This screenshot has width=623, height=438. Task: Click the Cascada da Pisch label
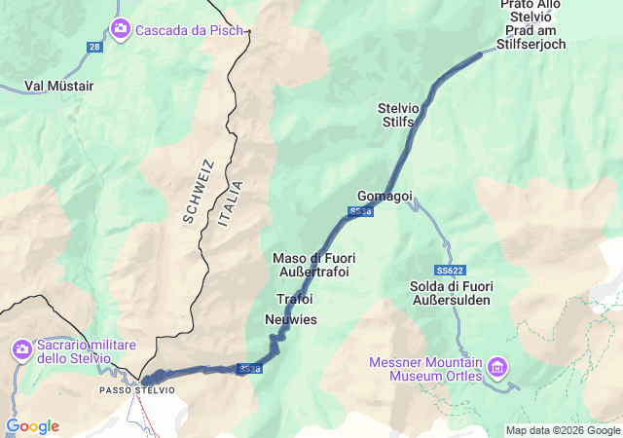(175, 30)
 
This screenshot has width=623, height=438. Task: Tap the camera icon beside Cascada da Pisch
(120, 29)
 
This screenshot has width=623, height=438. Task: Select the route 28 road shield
(93, 47)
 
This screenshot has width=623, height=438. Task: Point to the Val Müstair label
(58, 86)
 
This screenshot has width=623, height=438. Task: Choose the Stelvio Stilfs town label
(396, 115)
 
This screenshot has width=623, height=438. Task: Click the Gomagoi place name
(385, 196)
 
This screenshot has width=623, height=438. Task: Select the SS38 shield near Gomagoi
(360, 211)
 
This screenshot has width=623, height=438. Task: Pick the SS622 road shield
(450, 268)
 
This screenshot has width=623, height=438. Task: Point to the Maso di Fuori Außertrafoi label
(312, 265)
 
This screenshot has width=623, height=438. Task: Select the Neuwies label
(291, 319)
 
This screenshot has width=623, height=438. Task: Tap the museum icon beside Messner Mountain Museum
(498, 367)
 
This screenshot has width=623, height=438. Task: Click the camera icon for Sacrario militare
(22, 348)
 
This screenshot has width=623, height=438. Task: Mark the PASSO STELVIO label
(137, 390)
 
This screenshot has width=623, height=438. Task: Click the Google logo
(32, 426)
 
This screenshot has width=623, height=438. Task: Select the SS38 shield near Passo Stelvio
(249, 369)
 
